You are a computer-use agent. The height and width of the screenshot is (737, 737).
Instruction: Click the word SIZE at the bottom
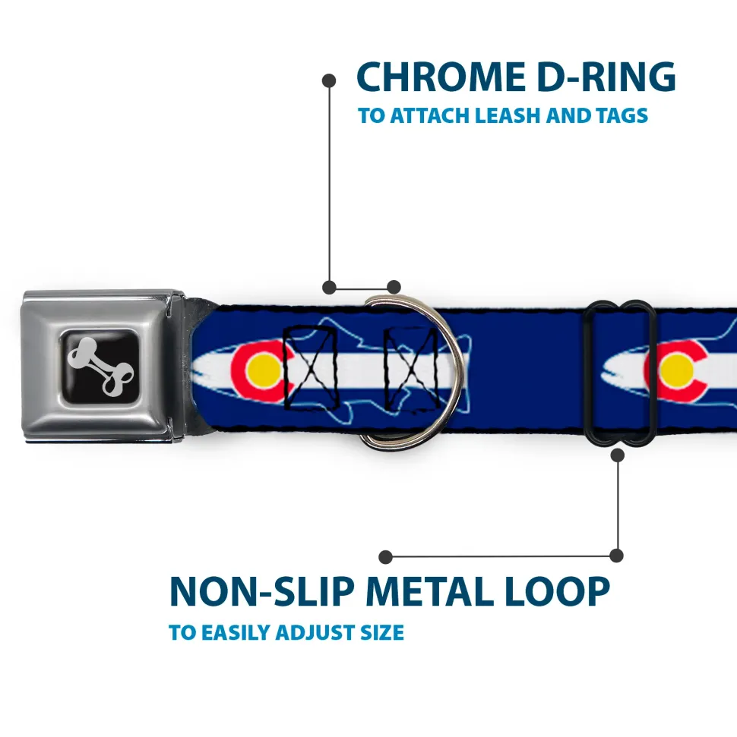tap(379, 632)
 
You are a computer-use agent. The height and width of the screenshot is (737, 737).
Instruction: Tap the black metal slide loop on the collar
tap(621, 372)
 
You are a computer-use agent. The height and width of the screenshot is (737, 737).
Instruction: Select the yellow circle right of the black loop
tap(676, 370)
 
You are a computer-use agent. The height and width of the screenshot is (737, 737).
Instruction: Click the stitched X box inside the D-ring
tap(410, 366)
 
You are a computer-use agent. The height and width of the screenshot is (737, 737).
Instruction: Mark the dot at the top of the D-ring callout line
tap(329, 79)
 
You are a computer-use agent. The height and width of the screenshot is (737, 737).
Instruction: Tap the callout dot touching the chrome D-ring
tap(393, 287)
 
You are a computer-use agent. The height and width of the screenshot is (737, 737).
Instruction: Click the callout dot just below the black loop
tap(617, 455)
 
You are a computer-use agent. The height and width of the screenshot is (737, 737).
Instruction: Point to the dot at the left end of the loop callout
tap(386, 557)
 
